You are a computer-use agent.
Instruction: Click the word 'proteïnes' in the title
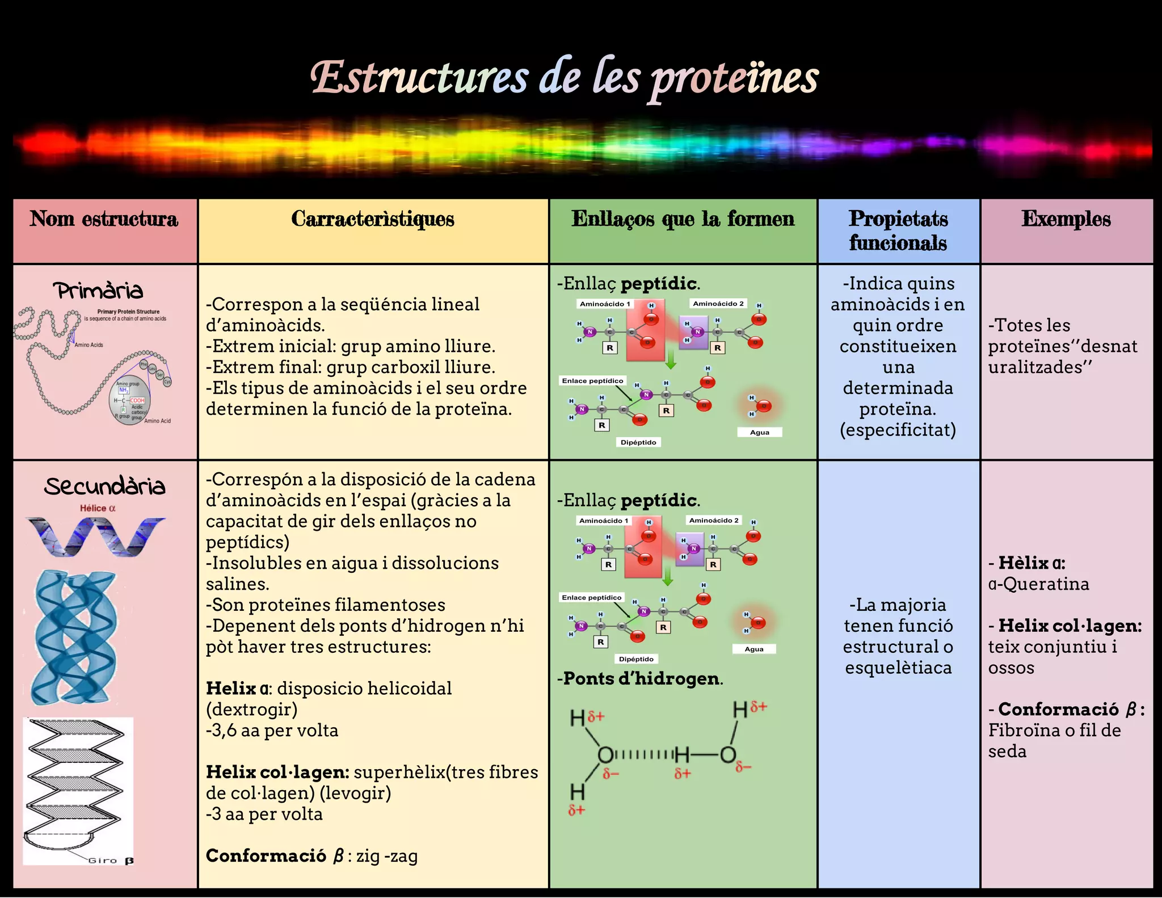734,79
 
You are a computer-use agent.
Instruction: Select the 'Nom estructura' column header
104,219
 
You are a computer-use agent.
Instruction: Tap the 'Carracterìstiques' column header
373,219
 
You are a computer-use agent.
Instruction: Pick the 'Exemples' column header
1066,219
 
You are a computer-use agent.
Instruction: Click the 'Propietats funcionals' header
898,230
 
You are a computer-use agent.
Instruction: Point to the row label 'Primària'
99,291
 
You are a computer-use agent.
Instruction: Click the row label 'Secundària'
105,486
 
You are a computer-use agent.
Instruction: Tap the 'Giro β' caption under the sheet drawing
111,861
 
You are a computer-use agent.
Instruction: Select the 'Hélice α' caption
98,508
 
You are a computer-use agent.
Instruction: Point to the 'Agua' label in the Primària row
759,433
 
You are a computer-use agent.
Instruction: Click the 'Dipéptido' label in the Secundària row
636,659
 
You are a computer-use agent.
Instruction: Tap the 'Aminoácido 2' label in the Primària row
718,304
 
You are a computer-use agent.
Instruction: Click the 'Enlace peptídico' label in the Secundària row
592,598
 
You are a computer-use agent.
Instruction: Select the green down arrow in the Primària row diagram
671,359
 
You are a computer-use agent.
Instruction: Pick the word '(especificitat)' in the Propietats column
898,430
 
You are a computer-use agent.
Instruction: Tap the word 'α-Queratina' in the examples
1038,584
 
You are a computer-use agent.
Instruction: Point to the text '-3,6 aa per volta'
272,731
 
